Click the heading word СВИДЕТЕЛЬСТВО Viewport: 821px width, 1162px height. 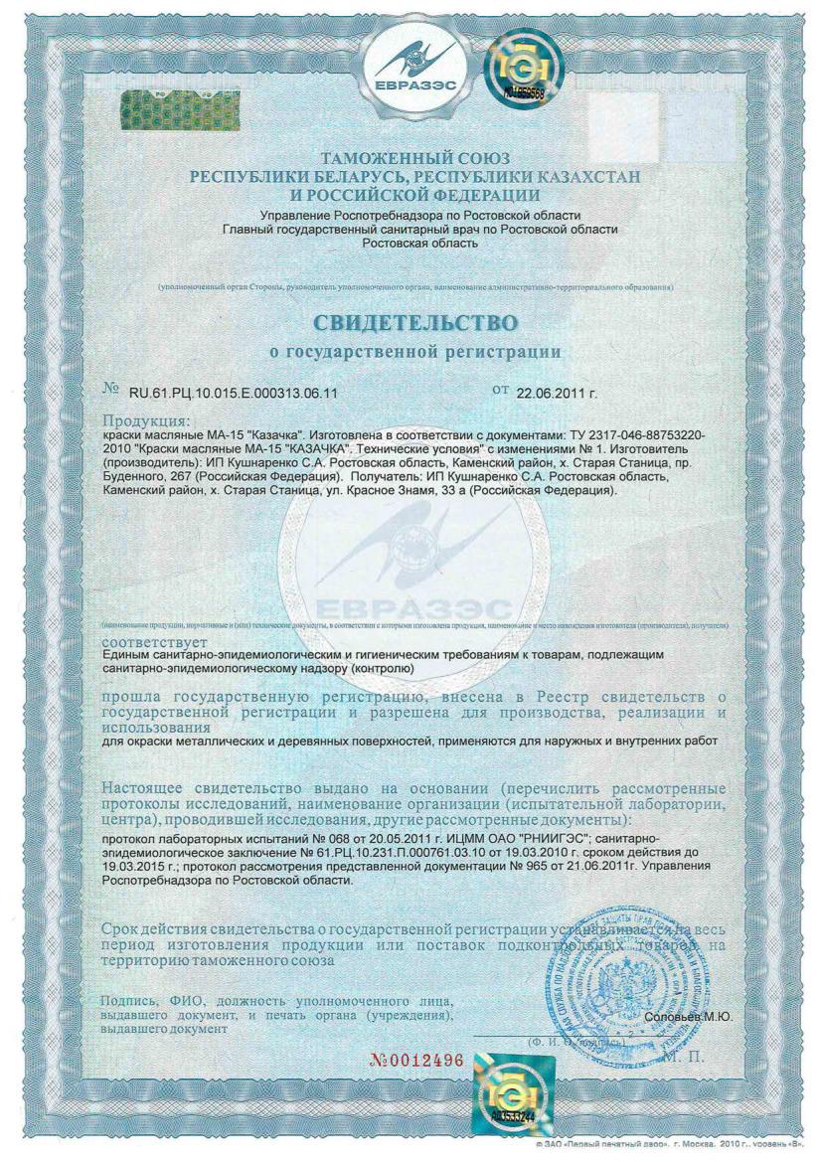pos(415,324)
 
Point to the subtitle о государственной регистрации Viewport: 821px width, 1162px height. pos(415,351)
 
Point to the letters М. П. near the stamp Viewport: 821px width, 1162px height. pos(687,1055)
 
